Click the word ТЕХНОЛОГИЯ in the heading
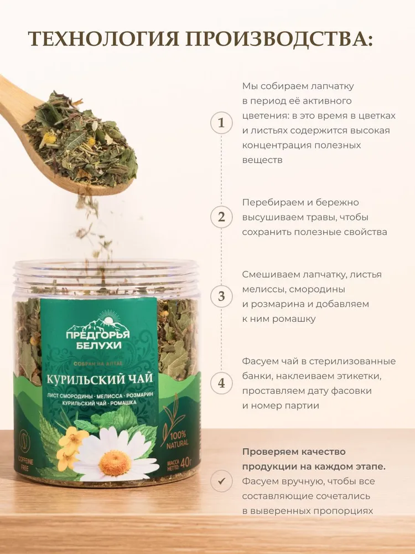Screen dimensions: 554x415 [x=102, y=39]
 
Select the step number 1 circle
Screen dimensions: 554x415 [x=222, y=123]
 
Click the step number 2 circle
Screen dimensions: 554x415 [x=222, y=217]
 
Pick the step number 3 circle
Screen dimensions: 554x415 [x=222, y=296]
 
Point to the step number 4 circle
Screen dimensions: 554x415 [x=222, y=383]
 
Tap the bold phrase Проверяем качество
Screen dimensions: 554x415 [x=294, y=452]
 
